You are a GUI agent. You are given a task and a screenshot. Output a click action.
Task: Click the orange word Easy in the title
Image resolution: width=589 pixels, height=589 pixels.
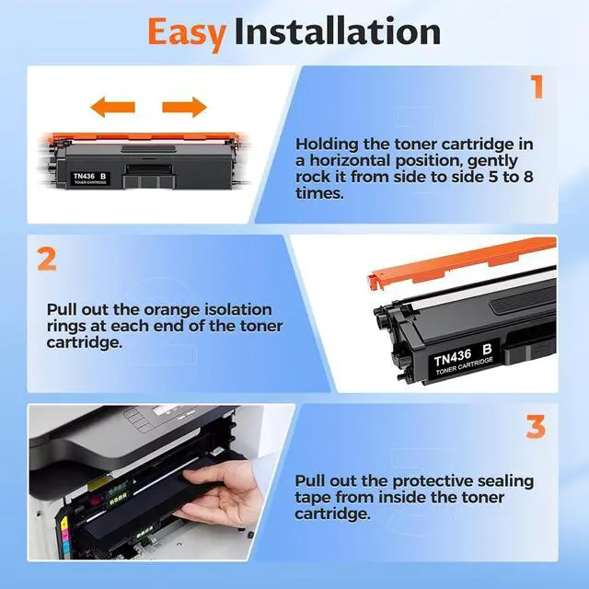(187, 34)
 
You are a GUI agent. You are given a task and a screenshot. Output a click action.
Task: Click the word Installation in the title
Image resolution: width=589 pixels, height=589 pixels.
(338, 31)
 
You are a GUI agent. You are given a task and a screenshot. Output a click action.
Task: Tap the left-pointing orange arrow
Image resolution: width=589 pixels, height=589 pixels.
(112, 107)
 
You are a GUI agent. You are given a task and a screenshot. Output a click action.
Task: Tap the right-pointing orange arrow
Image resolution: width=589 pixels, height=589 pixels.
(184, 107)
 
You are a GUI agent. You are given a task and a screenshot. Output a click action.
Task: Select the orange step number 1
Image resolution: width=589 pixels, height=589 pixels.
(537, 87)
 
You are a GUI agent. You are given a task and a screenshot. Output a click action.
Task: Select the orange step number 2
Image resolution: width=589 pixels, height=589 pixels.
(47, 259)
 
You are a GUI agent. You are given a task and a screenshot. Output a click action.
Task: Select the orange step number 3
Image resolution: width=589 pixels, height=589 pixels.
(536, 426)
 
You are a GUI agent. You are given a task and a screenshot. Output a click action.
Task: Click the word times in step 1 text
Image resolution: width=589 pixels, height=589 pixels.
(319, 193)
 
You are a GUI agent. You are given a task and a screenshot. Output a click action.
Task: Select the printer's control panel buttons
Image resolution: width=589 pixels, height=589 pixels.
(137, 419)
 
